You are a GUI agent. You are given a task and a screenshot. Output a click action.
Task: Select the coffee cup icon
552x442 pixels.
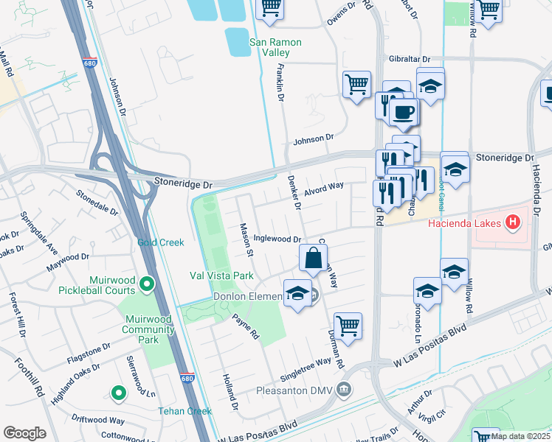(403, 112)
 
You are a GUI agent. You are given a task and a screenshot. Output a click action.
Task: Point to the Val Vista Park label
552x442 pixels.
(221, 276)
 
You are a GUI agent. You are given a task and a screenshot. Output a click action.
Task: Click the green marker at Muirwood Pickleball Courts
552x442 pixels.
(147, 283)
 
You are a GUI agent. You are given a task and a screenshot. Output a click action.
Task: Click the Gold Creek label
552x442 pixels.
(160, 242)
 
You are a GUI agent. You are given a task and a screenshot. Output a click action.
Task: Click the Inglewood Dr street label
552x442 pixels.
(277, 239)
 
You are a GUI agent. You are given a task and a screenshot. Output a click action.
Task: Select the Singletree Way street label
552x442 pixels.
(303, 362)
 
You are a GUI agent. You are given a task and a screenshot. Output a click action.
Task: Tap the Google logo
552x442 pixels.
(24, 433)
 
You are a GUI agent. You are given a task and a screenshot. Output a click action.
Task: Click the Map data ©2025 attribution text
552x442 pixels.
(520, 436)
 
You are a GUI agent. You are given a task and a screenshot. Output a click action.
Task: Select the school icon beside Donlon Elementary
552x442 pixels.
(297, 293)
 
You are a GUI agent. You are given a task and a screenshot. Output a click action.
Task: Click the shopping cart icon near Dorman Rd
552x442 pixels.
(347, 325)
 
